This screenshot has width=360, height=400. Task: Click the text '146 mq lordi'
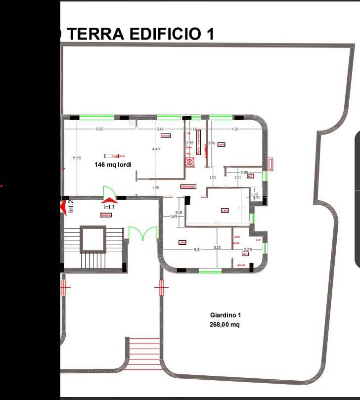(x=113, y=165)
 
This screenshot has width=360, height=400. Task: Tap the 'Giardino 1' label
(x=225, y=315)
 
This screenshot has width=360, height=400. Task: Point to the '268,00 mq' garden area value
(x=225, y=325)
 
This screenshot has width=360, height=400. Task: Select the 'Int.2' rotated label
(x=71, y=206)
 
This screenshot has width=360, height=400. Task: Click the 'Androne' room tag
(x=106, y=215)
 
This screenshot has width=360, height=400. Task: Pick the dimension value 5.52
(x=99, y=129)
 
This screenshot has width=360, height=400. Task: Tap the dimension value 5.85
(x=76, y=158)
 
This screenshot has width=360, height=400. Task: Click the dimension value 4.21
(x=235, y=129)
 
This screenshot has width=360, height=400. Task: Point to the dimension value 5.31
(x=197, y=250)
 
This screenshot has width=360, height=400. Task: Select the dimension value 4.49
(x=156, y=149)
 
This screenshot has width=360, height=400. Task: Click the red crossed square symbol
(x=189, y=161)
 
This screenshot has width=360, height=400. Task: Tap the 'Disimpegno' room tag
(x=188, y=186)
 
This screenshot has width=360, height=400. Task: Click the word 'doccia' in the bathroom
(x=241, y=265)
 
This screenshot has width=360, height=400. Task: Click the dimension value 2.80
(x=244, y=172)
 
